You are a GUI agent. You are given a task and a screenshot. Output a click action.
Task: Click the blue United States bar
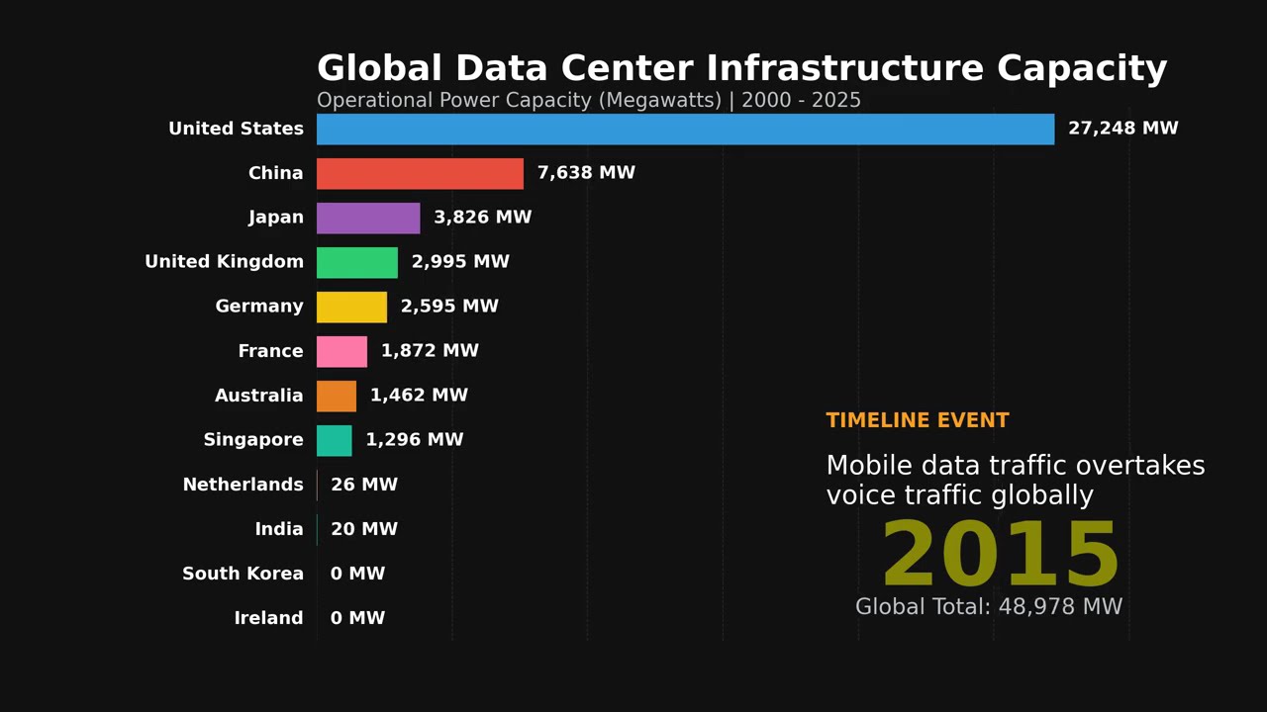click(x=685, y=129)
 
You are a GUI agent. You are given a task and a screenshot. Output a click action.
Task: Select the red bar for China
click(x=420, y=173)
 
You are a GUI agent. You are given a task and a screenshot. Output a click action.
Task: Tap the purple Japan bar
click(x=368, y=218)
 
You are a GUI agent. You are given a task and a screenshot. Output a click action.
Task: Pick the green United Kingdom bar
click(x=356, y=262)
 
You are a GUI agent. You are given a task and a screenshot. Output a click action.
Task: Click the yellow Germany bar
click(x=351, y=307)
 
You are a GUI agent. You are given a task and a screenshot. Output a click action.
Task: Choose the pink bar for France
click(x=341, y=351)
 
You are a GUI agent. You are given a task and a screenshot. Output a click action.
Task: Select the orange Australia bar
click(x=337, y=396)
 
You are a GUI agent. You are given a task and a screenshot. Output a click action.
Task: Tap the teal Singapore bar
click(x=334, y=440)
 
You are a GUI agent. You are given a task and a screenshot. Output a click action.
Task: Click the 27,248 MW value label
click(x=1122, y=129)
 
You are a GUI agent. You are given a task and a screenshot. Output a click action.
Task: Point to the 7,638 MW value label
click(x=586, y=173)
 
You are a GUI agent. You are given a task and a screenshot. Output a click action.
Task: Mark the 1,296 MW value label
click(x=414, y=440)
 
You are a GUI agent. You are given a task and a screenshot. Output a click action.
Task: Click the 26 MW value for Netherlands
click(x=364, y=485)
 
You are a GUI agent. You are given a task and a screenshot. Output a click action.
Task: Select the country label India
click(x=279, y=529)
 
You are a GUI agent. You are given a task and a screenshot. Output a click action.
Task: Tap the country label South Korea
click(x=243, y=574)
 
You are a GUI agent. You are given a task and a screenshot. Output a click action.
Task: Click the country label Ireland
click(x=268, y=618)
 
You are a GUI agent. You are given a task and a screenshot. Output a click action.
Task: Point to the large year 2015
click(x=1000, y=556)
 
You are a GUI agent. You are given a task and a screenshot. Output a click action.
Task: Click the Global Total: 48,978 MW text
click(x=989, y=607)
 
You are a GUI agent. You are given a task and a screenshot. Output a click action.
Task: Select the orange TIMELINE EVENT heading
click(x=918, y=420)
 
